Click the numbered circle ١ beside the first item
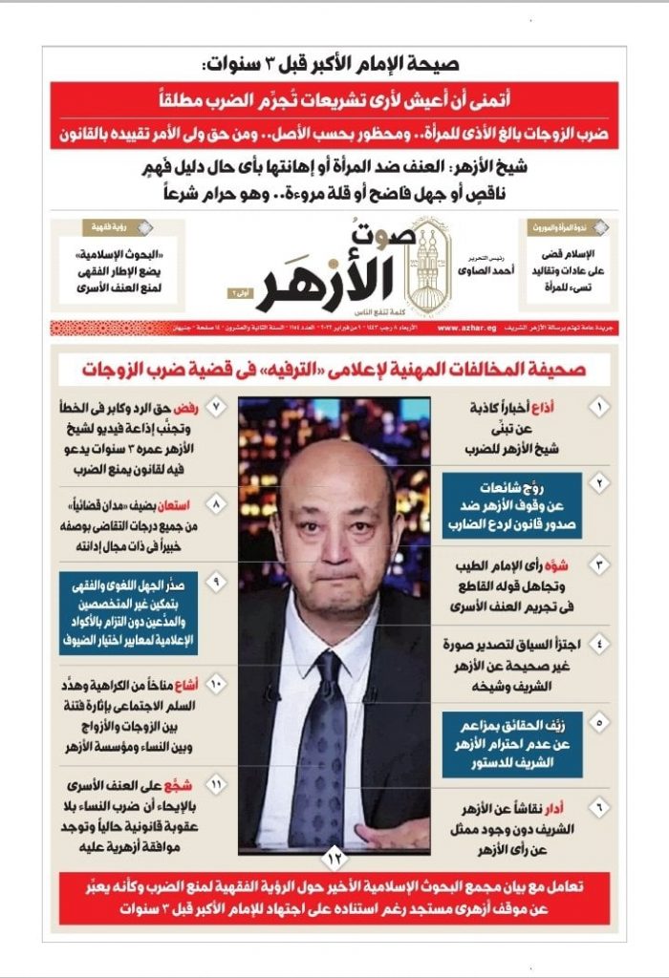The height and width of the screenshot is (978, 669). click(x=599, y=408)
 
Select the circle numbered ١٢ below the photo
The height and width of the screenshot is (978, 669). click(x=334, y=856)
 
